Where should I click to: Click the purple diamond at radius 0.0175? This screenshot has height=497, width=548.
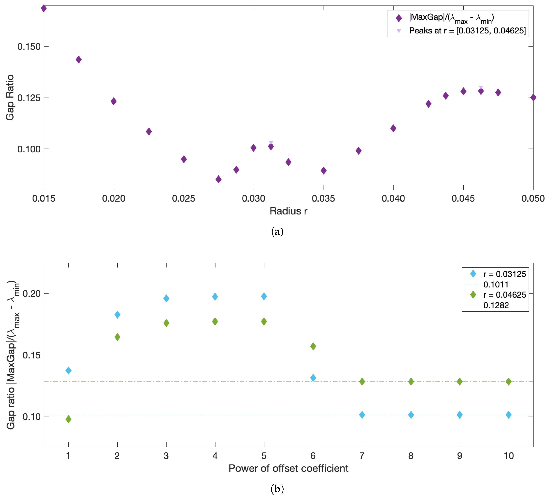tap(78, 60)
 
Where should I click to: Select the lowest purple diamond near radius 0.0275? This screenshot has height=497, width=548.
tap(218, 179)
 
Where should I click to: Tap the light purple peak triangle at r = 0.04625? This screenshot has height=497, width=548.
tap(481, 87)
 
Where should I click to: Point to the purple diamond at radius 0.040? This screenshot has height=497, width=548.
tap(393, 128)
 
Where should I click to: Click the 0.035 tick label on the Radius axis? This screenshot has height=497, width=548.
tap(323, 198)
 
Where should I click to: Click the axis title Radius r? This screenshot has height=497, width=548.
tap(288, 211)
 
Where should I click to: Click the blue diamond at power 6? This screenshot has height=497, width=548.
tap(313, 378)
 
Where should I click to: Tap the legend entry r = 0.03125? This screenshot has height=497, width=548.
tap(504, 274)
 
